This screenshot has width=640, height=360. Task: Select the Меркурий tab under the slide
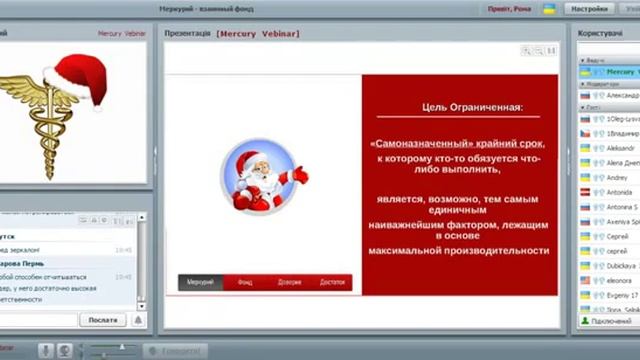201,283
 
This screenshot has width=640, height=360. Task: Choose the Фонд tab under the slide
245,283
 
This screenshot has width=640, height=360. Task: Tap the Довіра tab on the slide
289,283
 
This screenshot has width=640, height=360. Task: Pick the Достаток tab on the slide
332,283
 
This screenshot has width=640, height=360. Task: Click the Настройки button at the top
589,9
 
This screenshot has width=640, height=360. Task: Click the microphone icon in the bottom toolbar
46,351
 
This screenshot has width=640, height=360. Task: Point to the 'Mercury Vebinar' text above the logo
123,33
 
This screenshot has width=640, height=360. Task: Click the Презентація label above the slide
188,33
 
